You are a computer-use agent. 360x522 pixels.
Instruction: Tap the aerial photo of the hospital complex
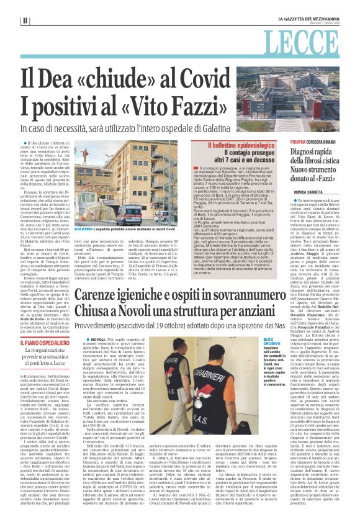click(x=295, y=107)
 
